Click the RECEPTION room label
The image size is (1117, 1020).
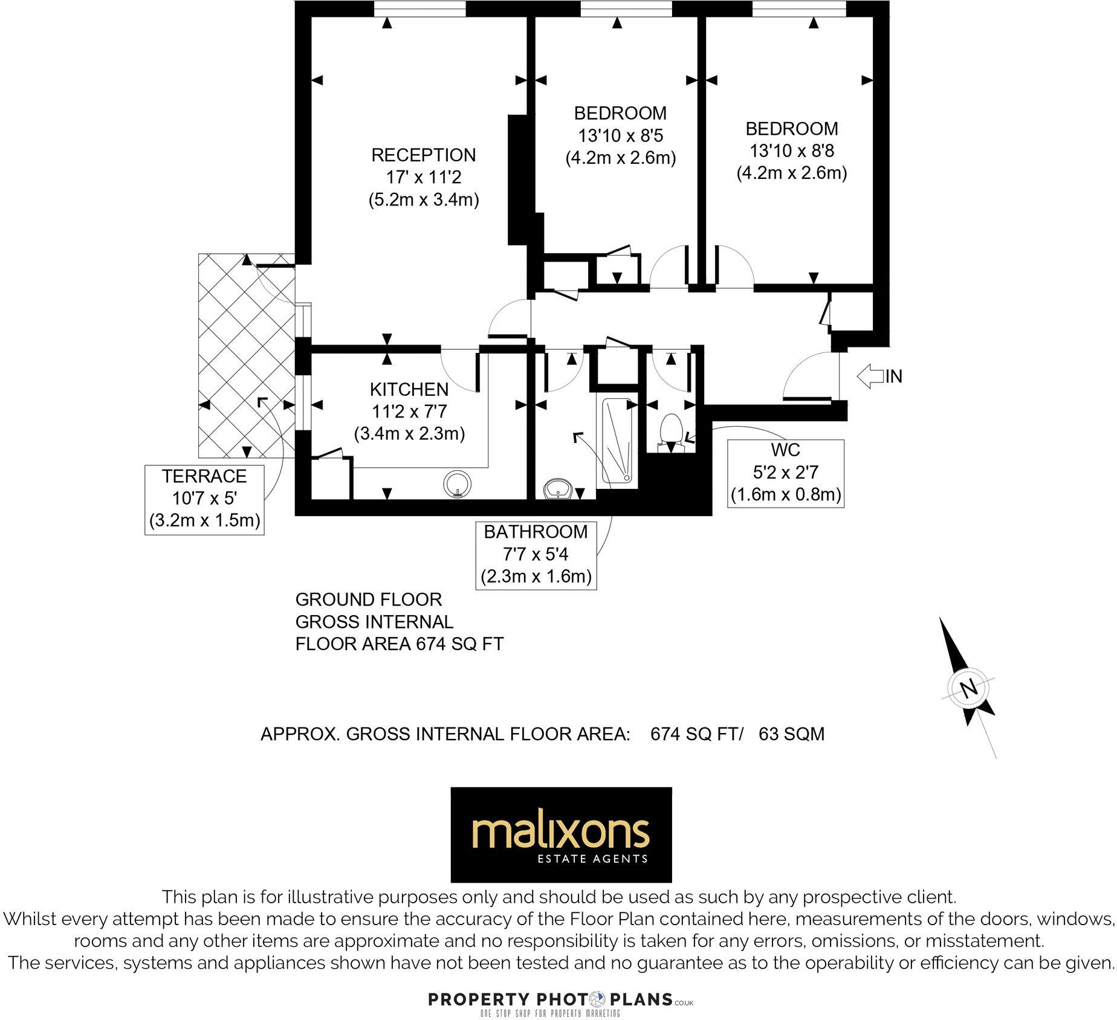coord(423,155)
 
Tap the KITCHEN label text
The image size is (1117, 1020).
coord(409,389)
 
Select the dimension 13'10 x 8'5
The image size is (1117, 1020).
coord(621,135)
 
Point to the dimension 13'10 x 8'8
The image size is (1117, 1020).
coord(792,150)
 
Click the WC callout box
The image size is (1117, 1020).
coord(785,473)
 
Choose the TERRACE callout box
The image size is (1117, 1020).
coord(205,499)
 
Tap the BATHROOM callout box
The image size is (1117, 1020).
coord(536,554)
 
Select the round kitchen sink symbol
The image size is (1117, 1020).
coord(458,483)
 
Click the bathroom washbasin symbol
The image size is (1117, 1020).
coord(557,488)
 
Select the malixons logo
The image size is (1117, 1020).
coord(561,834)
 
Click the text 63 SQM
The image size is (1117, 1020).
coord(791,734)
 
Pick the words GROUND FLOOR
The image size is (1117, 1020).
coord(369,599)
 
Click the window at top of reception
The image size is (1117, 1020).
coord(419,8)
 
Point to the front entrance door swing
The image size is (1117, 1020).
coord(810,378)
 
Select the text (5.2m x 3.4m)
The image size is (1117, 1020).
coord(424,200)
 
